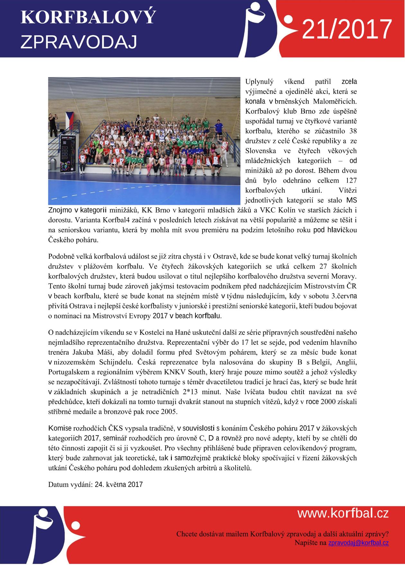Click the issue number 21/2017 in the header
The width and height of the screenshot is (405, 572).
(347, 29)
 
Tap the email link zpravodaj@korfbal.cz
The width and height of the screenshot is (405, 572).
(358, 543)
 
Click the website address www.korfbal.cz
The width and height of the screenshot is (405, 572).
(343, 513)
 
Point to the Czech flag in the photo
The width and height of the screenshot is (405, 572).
(69, 117)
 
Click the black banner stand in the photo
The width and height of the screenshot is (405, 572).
(68, 154)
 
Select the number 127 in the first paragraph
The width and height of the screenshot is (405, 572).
(351, 180)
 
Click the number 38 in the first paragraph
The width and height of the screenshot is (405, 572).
(353, 131)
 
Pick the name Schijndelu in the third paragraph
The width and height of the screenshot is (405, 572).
(117, 362)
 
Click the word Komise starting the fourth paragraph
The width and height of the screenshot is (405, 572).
(60, 428)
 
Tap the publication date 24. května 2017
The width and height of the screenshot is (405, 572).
(119, 484)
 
